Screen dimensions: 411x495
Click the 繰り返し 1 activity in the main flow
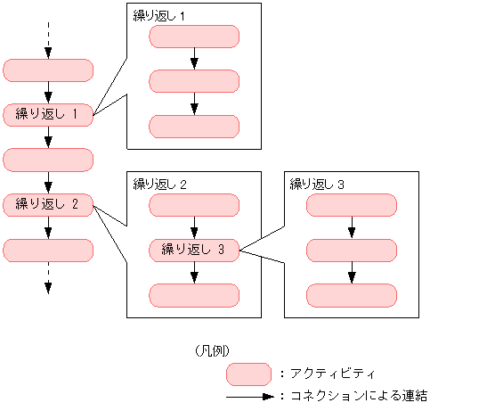coord(48,114)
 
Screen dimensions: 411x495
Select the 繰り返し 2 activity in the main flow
coord(48,204)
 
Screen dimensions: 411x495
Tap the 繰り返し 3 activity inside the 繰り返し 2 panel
coord(194,250)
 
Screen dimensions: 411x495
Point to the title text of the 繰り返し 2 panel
coord(159,185)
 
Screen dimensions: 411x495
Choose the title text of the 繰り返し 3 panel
coord(317,185)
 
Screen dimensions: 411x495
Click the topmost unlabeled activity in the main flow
coord(48,70)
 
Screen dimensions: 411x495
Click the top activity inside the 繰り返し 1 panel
coord(194,37)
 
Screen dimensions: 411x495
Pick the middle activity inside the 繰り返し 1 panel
coord(194,81)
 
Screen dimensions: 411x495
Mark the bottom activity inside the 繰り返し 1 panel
coord(194,126)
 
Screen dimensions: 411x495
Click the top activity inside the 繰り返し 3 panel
coord(351,205)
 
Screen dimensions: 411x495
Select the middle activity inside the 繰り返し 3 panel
coord(351,250)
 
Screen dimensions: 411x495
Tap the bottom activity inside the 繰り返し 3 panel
coord(351,294)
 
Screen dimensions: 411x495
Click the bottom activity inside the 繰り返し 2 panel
coord(194,294)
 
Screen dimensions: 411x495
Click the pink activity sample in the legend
coord(248,373)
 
